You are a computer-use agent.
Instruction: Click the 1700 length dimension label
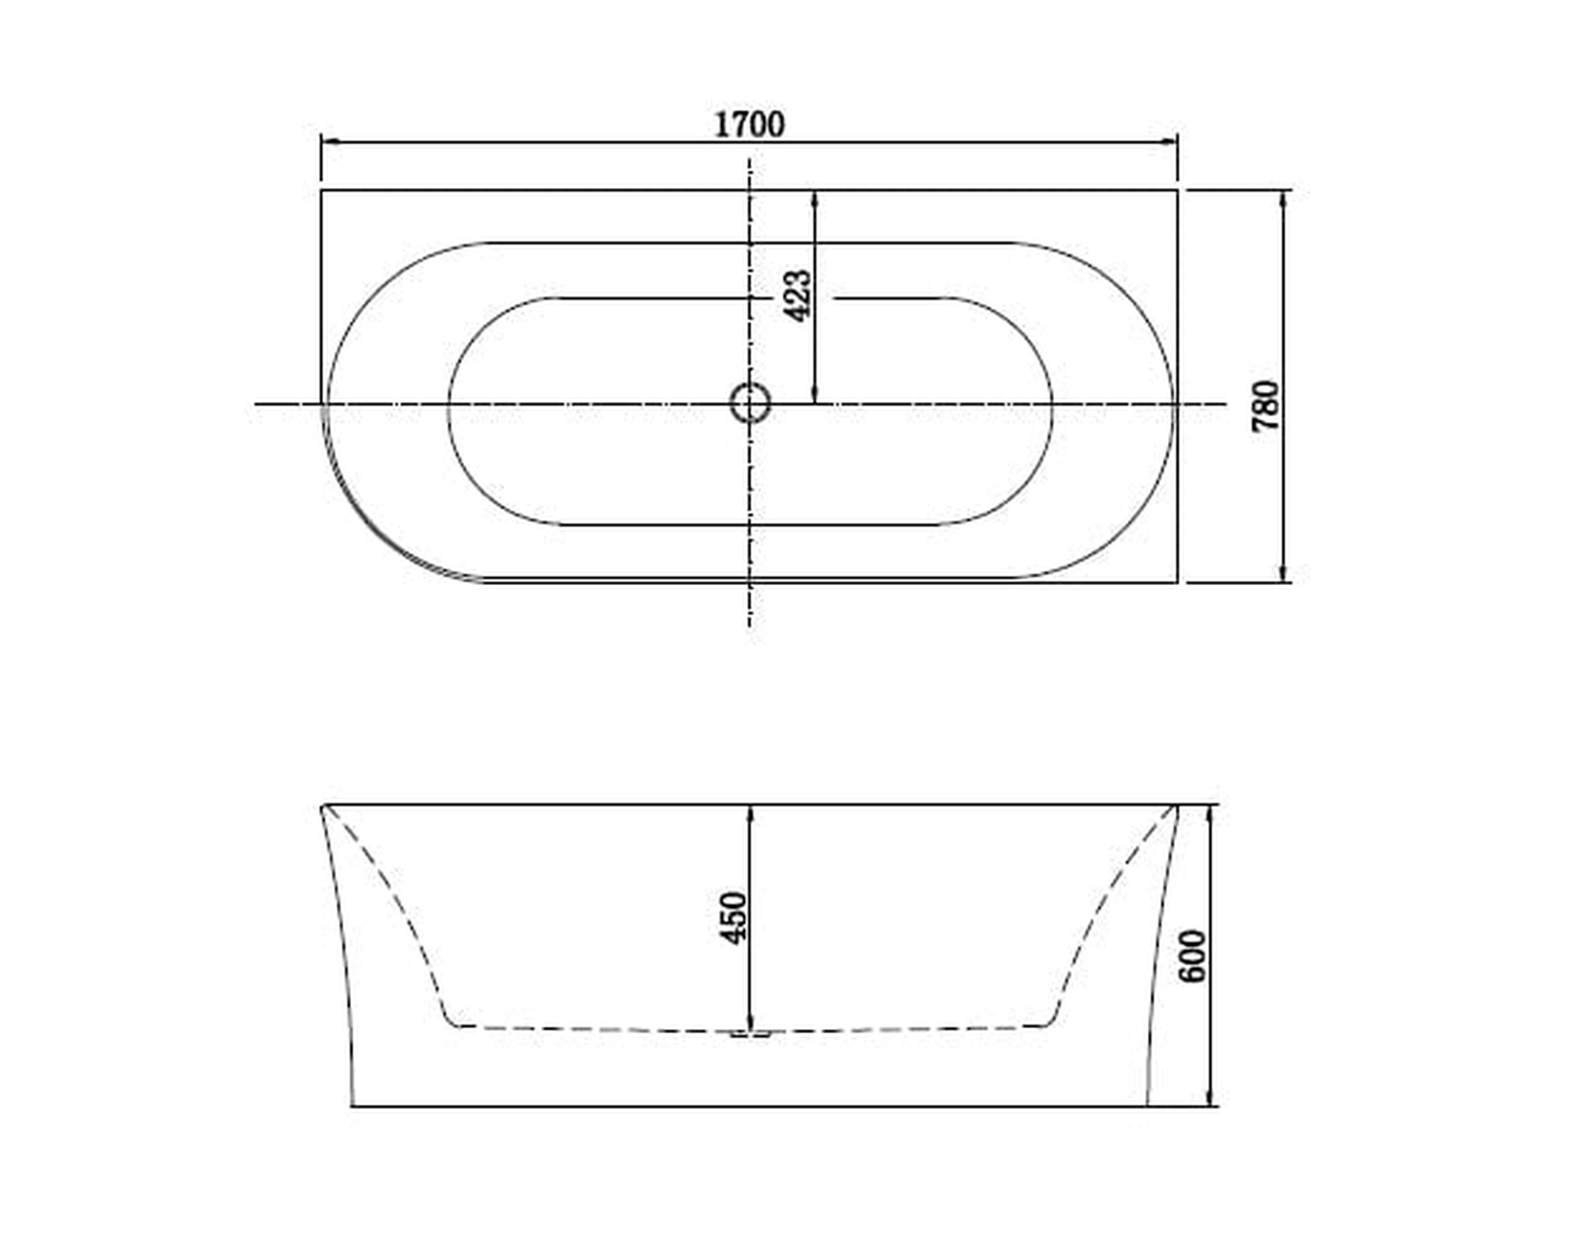[x=749, y=124]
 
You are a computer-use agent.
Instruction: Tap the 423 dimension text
[x=798, y=295]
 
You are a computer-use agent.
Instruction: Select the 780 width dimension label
[x=1266, y=406]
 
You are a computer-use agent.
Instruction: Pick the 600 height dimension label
[x=1192, y=955]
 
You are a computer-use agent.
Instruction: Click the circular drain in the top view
[x=750, y=403]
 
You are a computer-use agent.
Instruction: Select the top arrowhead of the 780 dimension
[x=1282, y=201]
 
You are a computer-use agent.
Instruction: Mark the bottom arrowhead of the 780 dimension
[x=1282, y=571]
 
